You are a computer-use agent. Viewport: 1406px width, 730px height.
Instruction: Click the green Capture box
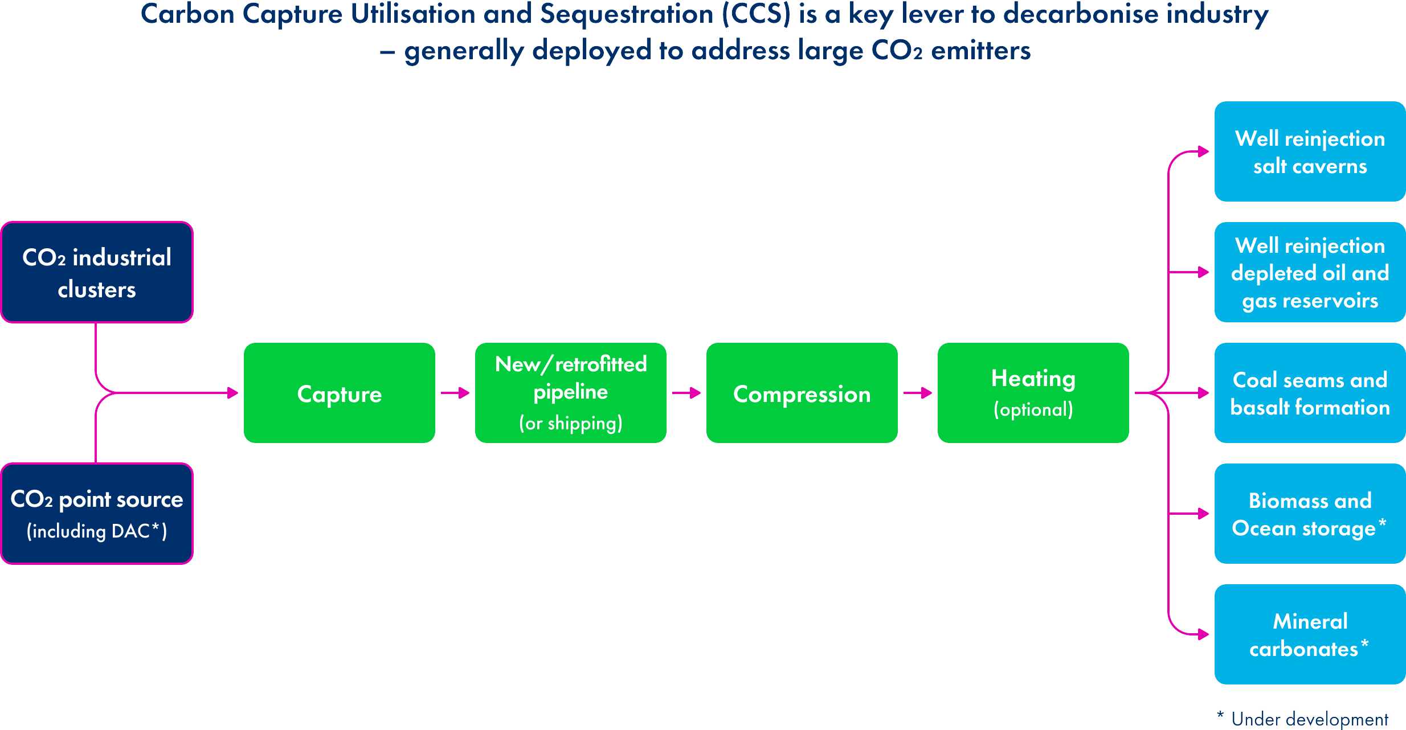point(339,393)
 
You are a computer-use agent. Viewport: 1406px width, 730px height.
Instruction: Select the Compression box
point(802,393)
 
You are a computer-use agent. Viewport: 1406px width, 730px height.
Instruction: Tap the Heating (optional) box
point(1033,393)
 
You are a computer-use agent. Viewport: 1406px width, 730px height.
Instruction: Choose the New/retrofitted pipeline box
point(570,393)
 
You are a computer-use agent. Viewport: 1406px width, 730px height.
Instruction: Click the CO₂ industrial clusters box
point(97,272)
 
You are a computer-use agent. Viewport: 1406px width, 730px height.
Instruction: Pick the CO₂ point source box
point(97,514)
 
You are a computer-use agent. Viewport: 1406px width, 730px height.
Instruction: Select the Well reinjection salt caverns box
point(1310,151)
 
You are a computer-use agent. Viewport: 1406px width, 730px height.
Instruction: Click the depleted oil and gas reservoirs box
point(1310,272)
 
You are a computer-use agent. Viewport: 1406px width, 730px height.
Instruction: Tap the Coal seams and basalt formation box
point(1310,393)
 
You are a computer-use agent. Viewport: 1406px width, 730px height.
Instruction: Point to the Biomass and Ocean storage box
point(1310,514)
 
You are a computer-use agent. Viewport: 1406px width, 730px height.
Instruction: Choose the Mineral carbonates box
point(1310,634)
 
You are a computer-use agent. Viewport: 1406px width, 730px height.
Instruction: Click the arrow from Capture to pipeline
point(455,393)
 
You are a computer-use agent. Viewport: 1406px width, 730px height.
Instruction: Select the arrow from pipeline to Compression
point(686,393)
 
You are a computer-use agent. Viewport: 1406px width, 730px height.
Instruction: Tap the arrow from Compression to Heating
point(918,393)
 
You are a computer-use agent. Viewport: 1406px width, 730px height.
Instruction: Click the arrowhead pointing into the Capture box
point(232,393)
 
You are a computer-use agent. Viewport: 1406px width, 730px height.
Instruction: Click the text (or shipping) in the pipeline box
point(570,423)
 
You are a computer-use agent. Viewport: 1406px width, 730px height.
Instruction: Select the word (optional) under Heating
point(1033,409)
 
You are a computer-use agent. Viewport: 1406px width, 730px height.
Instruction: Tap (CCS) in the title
point(757,15)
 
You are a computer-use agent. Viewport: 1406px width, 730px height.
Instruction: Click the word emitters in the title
point(980,51)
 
